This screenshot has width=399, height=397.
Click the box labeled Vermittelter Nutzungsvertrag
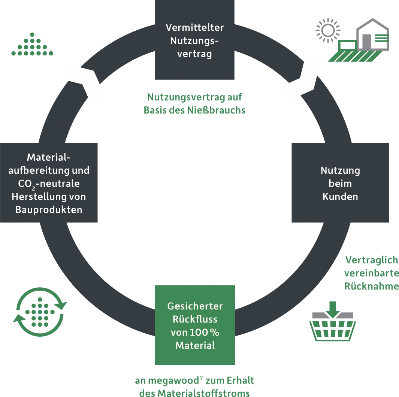pyautogui.click(x=195, y=40)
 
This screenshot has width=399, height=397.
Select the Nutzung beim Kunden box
pyautogui.click(x=340, y=183)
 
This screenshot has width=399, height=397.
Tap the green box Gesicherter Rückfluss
pyautogui.click(x=195, y=325)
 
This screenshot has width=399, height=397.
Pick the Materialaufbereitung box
pyautogui.click(x=49, y=183)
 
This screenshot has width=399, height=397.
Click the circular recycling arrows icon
pyautogui.click(x=40, y=311)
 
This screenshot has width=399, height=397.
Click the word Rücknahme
pyautogui.click(x=372, y=286)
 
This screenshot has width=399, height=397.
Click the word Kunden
pyautogui.click(x=340, y=196)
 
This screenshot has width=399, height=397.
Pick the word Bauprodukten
pyautogui.click(x=49, y=210)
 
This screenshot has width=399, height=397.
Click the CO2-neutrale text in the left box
pyautogui.click(x=49, y=184)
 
